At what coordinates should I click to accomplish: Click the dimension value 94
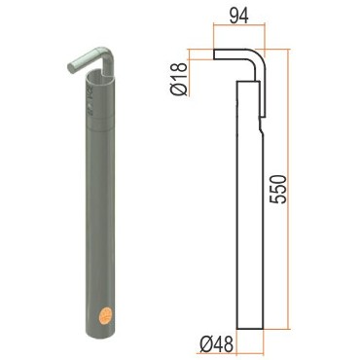pos(239,16)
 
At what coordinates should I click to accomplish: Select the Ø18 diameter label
pos(179,79)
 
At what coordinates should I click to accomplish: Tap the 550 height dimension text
pos(278,190)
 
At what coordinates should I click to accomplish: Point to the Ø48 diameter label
pos(216,344)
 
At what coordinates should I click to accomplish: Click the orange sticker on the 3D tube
pos(106,315)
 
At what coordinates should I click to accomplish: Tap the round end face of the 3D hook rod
pos(71,68)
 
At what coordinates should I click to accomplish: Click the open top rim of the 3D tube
pos(100,76)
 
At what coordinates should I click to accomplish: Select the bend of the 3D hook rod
pos(106,54)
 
